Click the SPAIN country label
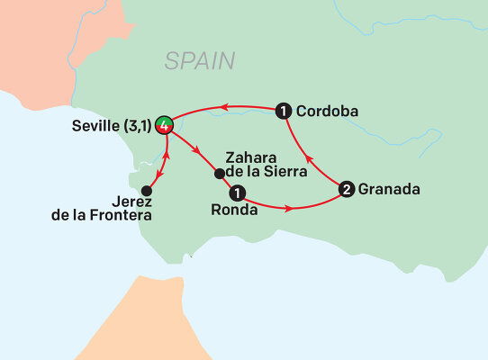199,61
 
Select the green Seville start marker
165,125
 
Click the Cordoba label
329,112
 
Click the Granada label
389,190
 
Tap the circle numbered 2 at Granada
347,190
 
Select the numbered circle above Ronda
237,193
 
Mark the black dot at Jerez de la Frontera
147,191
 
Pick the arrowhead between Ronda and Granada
288,209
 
